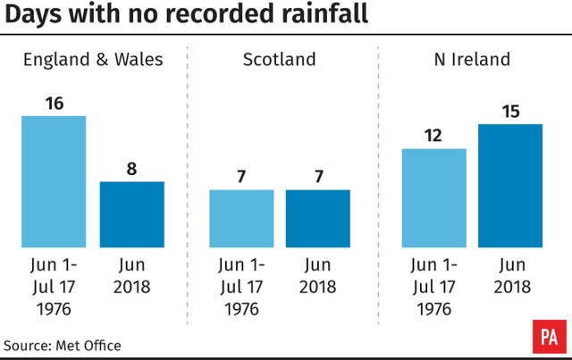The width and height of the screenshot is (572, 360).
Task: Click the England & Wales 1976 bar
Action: [x=54, y=181]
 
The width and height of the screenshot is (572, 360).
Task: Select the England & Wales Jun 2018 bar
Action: [x=131, y=214]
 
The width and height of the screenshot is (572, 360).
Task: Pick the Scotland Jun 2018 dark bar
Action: [x=319, y=218]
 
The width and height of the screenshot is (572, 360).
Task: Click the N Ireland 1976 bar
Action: [x=434, y=197]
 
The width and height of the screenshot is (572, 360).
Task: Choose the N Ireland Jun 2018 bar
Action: [x=510, y=185]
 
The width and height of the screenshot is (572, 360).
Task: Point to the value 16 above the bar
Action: [x=54, y=104]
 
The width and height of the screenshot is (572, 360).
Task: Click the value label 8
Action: [x=131, y=169]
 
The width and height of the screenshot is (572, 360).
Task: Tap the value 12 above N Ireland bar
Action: [x=434, y=136]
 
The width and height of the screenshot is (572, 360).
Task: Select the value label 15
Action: [x=510, y=111]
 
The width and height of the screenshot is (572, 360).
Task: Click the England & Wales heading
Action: [x=93, y=61]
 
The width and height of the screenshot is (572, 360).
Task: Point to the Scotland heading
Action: [x=279, y=61]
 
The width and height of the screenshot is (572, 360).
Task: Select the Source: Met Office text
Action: [x=62, y=345]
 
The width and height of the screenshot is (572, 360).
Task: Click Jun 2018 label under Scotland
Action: [x=319, y=277]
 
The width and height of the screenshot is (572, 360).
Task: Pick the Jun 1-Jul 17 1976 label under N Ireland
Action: [x=434, y=286]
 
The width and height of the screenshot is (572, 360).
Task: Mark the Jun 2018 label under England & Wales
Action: [x=131, y=277]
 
